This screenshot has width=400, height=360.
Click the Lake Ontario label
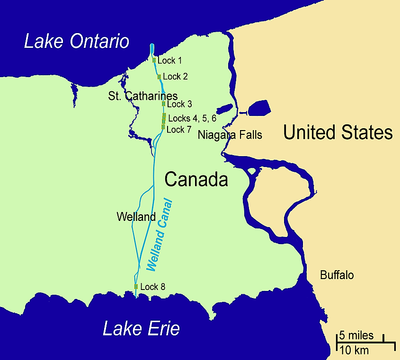pyautogui.click(x=77, y=41)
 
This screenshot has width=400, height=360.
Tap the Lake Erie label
pyautogui.click(x=141, y=328)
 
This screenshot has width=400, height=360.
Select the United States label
pyautogui.click(x=338, y=133)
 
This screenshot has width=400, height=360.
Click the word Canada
pyautogui.click(x=196, y=180)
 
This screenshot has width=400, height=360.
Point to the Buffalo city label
pyautogui.click(x=337, y=275)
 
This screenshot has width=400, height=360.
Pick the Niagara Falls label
pyautogui.click(x=230, y=135)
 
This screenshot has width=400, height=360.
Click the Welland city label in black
pyautogui.click(x=136, y=217)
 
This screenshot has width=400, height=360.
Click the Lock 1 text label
pyautogui.click(x=170, y=61)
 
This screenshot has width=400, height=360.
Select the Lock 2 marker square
pyautogui.click(x=159, y=77)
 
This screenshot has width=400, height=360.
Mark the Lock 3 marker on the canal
pyautogui.click(x=163, y=104)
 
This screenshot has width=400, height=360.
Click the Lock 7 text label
pyautogui.click(x=179, y=129)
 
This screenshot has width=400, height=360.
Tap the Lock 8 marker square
pyautogui.click(x=136, y=286)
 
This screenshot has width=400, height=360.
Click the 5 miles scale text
pyautogui.click(x=356, y=336)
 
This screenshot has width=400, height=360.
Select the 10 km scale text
pyautogui.click(x=354, y=351)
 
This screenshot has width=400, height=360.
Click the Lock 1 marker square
pyautogui.click(x=154, y=60)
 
